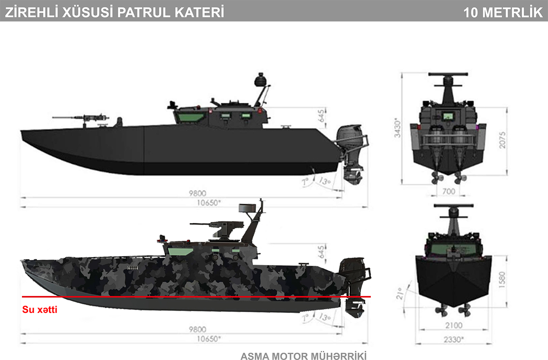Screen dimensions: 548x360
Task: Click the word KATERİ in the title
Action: [200, 12]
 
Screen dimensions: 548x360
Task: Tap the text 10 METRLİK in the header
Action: [503, 13]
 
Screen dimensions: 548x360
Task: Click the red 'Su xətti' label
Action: [40, 310]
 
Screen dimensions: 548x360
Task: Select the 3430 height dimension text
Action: [397, 128]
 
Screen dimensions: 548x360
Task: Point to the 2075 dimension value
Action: [502, 140]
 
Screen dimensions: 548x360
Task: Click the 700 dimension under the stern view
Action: [448, 191]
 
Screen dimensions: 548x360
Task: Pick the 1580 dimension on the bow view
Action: [502, 280]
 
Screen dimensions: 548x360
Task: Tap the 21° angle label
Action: [399, 293]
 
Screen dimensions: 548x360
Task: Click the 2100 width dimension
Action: [453, 325]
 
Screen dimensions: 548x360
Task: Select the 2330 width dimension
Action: [454, 339]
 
